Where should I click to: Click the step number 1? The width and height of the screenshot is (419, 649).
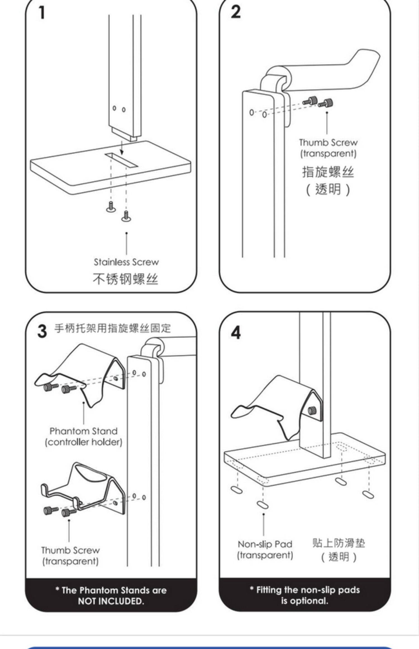pyautogui.click(x=42, y=13)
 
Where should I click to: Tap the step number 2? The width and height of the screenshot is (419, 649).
pyautogui.click(x=236, y=12)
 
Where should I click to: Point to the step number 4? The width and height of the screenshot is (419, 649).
pyautogui.click(x=236, y=333)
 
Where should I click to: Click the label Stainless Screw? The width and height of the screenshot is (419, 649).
pyautogui.click(x=126, y=262)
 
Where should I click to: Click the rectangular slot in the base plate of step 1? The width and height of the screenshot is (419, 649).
pyautogui.click(x=122, y=160)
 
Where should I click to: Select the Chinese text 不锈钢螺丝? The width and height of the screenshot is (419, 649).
pyautogui.click(x=125, y=279)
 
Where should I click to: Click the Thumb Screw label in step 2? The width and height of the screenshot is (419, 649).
pyautogui.click(x=328, y=143)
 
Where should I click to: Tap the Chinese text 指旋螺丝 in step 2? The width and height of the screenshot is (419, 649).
pyautogui.click(x=328, y=172)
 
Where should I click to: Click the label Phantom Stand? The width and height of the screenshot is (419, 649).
pyautogui.click(x=84, y=431)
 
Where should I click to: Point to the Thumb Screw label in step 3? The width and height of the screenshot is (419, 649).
pyautogui.click(x=70, y=550)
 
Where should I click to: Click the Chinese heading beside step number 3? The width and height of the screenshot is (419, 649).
pyautogui.click(x=112, y=328)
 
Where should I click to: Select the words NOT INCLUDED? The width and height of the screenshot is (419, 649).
pyautogui.click(x=111, y=601)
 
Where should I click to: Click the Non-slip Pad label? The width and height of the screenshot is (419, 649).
pyautogui.click(x=265, y=544)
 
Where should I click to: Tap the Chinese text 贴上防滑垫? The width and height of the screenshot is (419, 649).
pyautogui.click(x=339, y=543)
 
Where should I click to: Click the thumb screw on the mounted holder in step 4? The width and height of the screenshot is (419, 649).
pyautogui.click(x=312, y=410)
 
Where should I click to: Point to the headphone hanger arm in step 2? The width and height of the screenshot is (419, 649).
pyautogui.click(x=335, y=75)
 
